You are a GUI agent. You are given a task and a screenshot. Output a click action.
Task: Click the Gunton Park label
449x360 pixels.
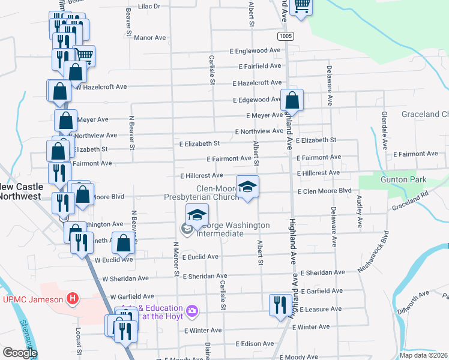[403, 179]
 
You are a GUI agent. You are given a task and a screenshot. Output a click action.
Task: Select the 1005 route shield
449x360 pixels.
[286, 36]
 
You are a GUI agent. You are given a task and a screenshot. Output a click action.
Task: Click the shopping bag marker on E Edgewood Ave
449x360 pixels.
[292, 100]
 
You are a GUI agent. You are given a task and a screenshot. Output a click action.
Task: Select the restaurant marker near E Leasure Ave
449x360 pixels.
[279, 305]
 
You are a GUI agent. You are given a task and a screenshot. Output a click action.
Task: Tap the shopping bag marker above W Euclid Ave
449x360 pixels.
[123, 244]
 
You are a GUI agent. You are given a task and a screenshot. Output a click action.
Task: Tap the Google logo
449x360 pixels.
[19, 353]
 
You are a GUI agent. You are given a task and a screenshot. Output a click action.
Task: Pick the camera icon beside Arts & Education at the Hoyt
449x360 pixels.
[192, 311]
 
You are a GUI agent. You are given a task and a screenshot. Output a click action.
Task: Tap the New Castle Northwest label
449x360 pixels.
[19, 191]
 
